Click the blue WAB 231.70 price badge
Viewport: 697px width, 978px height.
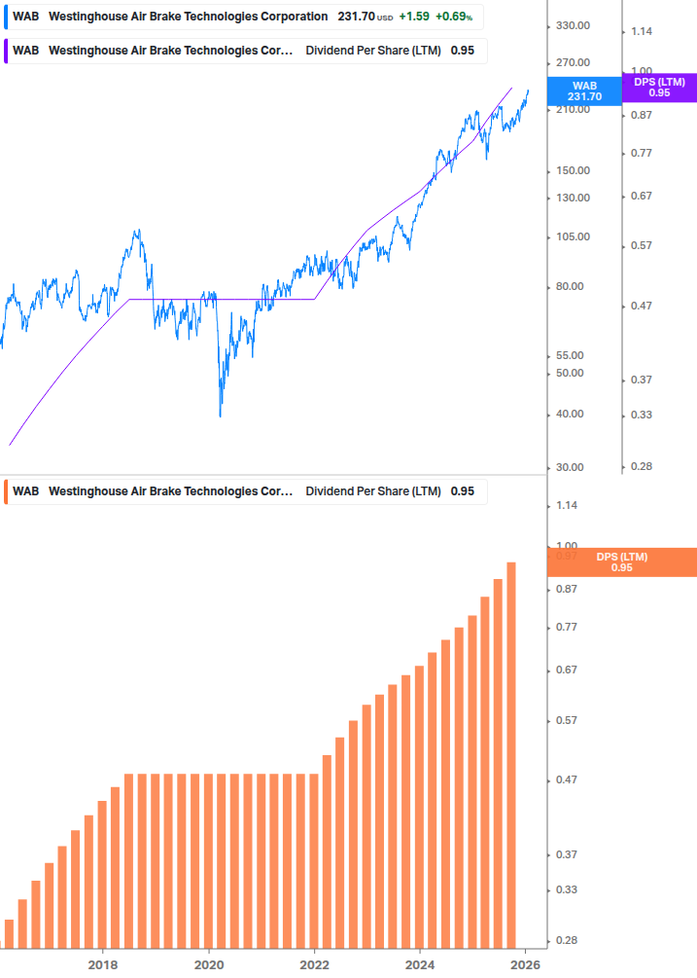point(585,91)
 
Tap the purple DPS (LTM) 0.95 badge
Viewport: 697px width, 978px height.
point(658,88)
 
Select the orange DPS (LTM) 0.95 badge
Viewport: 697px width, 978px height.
point(621,562)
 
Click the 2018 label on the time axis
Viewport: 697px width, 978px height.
point(103,964)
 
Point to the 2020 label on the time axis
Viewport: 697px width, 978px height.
point(209,964)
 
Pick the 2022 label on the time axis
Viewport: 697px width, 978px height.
point(314,964)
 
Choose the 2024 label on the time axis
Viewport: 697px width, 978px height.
point(420,964)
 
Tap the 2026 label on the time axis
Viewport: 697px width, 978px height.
point(525,964)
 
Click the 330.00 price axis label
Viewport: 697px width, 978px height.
point(573,25)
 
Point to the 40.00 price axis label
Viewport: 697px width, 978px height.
point(570,415)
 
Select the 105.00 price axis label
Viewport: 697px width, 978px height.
point(573,237)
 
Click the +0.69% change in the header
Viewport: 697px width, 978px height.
point(454,17)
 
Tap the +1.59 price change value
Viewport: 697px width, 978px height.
point(413,17)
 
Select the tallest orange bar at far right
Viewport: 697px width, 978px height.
point(511,754)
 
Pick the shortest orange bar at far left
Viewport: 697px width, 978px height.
point(10,932)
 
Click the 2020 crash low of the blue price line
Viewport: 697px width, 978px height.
point(221,417)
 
